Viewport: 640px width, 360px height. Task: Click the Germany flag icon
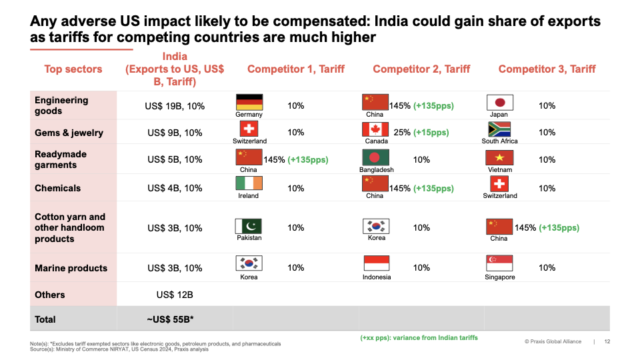[249, 102]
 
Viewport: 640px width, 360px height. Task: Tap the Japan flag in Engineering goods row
[499, 102]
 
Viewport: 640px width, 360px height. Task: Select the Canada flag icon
[375, 129]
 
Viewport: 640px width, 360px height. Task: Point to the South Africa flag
[499, 129]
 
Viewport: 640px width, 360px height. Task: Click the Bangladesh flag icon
[375, 157]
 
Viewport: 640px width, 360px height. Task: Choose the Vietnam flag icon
[499, 157]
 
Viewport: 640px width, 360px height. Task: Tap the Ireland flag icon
[249, 184]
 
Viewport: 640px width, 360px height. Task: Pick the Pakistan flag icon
[249, 226]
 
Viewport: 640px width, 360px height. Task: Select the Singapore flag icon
[499, 264]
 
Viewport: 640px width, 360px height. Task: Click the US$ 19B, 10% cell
[175, 106]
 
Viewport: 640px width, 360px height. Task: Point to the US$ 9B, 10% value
[175, 133]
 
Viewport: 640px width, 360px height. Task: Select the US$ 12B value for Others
[175, 295]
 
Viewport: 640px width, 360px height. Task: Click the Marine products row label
[71, 268]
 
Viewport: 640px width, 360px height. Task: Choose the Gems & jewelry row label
[69, 133]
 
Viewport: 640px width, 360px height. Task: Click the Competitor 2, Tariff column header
[421, 69]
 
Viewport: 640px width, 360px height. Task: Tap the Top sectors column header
[73, 69]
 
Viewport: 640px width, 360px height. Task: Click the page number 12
[607, 342]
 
